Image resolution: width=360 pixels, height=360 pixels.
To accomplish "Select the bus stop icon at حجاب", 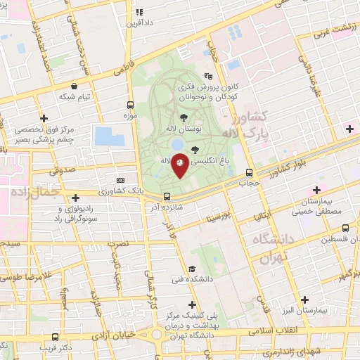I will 250,173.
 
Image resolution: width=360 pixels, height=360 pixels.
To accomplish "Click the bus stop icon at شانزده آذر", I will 167,197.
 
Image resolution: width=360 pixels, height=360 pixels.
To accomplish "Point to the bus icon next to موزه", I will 131,103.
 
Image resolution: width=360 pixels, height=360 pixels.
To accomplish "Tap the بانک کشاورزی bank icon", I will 120,180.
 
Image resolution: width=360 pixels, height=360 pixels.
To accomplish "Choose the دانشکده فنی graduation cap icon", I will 192,269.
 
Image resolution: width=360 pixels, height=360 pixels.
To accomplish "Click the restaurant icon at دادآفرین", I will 139,12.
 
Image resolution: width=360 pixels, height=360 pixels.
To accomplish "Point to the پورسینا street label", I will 219,211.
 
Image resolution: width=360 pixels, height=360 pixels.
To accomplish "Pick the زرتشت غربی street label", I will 331,28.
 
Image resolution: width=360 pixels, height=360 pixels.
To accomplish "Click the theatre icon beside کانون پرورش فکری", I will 207,77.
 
